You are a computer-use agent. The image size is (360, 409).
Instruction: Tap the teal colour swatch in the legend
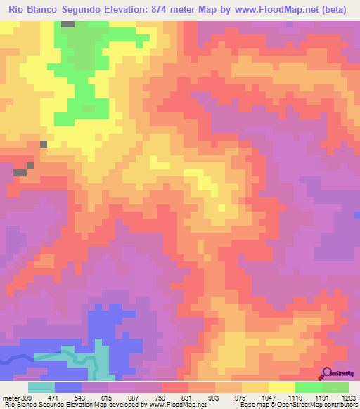[41, 387]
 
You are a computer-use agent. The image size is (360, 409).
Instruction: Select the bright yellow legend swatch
[281, 387]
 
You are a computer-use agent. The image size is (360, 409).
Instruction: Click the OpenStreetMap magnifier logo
[328, 373]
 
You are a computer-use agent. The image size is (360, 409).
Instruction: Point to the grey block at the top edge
[68, 24]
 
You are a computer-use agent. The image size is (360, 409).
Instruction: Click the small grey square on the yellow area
[44, 143]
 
